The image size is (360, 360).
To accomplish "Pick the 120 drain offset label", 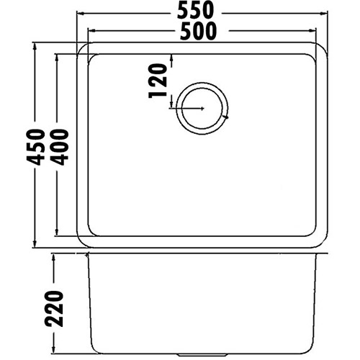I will pyautogui.click(x=158, y=79).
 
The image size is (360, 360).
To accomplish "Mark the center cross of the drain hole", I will pyautogui.click(x=204, y=108).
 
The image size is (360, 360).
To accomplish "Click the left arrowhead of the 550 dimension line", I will pyautogui.click(x=81, y=13).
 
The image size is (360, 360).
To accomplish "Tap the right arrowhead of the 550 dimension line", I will pyautogui.click(x=326, y=13).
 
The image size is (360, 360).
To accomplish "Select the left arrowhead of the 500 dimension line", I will pyautogui.click(x=91, y=32).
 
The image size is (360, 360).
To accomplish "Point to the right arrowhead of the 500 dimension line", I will pyautogui.click(x=316, y=32).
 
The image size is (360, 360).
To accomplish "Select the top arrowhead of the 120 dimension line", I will pyautogui.click(x=171, y=58).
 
